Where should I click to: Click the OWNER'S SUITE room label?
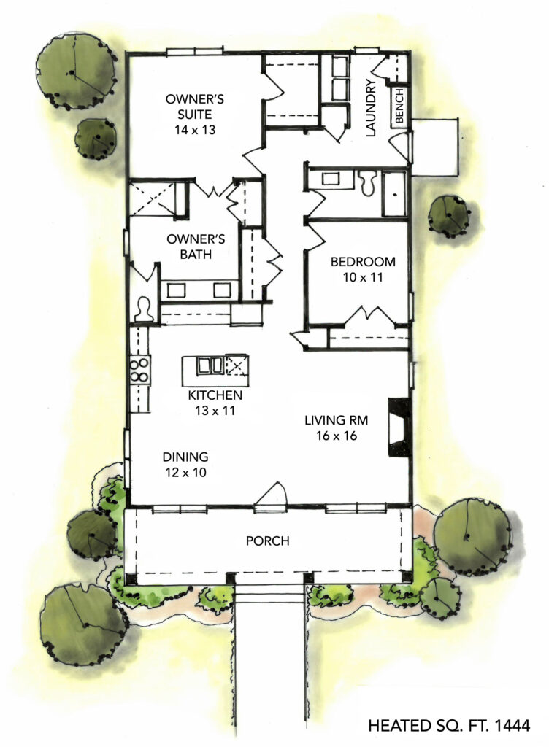coord(188,107)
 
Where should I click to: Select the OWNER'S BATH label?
coord(189,247)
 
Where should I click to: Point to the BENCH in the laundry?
coord(399,109)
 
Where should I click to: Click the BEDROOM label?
coord(363,262)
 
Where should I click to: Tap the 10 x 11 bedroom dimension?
coord(363,277)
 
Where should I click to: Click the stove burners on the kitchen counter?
coord(139,370)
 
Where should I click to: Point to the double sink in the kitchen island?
coord(210,365)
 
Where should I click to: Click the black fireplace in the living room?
coord(399,427)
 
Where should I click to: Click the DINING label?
coord(185,457)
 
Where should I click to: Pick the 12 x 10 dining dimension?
coord(185,472)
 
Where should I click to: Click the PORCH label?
coord(267,541)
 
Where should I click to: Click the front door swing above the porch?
coord(272,495)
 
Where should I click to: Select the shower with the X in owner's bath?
coord(152,198)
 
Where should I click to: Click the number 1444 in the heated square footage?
coord(511,726)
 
